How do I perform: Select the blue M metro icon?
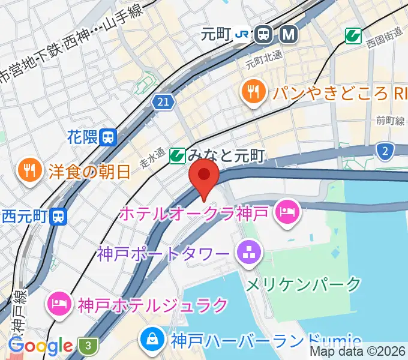pyautogui.click(x=289, y=35)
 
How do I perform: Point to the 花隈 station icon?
pyautogui.click(x=109, y=137)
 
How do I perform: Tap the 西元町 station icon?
pyautogui.click(x=58, y=215)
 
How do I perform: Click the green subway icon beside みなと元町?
pyautogui.click(x=177, y=157)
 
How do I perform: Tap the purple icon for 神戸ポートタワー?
pyautogui.click(x=247, y=251)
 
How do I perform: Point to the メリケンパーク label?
pyautogui.click(x=304, y=283)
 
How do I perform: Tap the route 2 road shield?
pyautogui.click(x=386, y=151)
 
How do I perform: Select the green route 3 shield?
pyautogui.click(x=88, y=345)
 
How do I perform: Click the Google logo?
pyautogui.click(x=41, y=346)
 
